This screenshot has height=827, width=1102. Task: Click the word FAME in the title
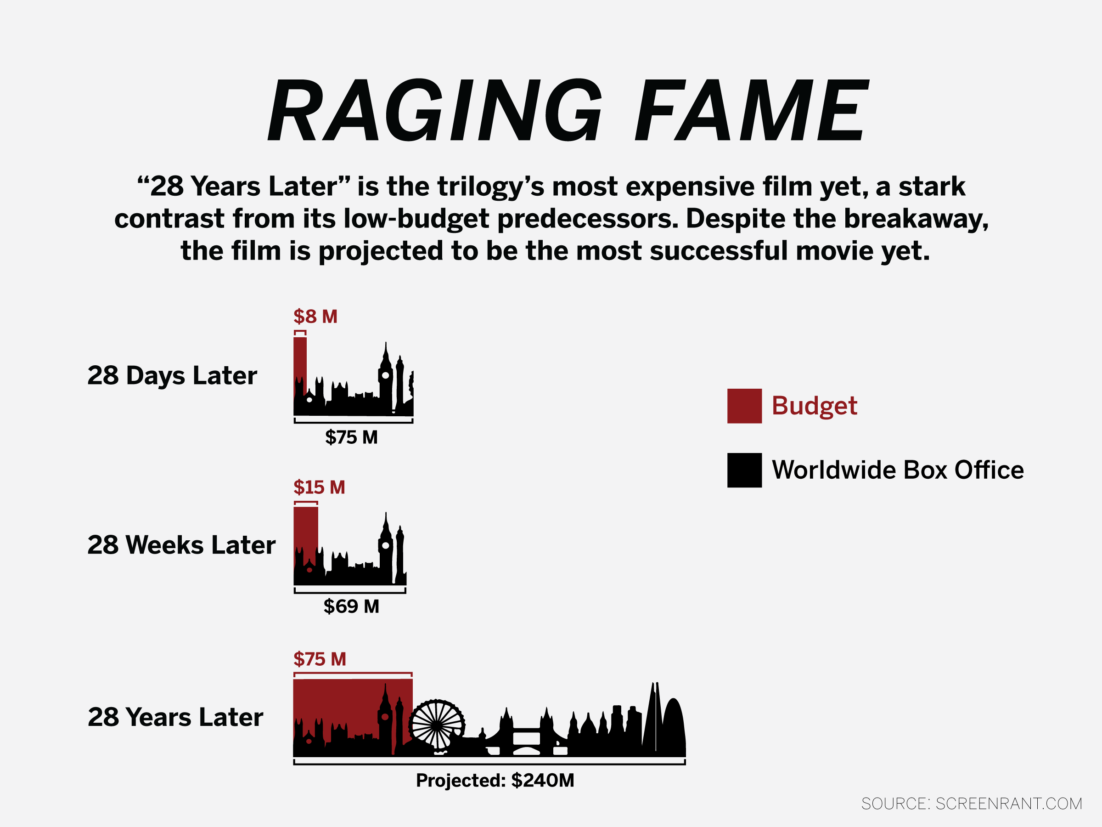coord(752,110)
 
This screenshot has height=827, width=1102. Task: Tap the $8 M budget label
coord(315,317)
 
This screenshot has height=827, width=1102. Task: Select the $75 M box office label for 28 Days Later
coord(351,437)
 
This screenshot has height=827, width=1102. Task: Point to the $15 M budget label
coord(319,487)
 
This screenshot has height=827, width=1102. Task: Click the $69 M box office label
coord(351,606)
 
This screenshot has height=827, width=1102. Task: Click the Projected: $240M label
coord(495,780)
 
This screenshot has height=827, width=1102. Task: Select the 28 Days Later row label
coord(172,375)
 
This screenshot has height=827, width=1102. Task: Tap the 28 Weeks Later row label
coord(181,545)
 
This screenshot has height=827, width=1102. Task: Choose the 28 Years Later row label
coord(175,717)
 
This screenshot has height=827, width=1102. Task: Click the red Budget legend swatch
coord(744,406)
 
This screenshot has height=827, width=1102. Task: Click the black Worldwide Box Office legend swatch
coord(744,470)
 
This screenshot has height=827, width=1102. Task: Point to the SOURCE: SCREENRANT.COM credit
coord(972,804)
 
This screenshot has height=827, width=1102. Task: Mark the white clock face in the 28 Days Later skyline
coord(386,375)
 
